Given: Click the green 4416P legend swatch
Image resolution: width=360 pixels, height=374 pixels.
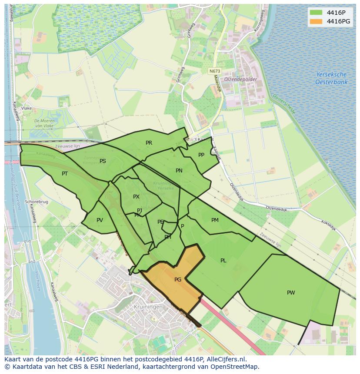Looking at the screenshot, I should point(317,12).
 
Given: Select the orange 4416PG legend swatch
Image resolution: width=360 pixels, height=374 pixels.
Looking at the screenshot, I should point(317,21).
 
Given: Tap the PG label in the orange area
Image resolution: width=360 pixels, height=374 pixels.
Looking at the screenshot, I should point(178,280).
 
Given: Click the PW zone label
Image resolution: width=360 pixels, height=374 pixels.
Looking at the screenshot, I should point(291,293).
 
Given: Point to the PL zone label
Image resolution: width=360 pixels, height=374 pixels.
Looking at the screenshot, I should point(223,261).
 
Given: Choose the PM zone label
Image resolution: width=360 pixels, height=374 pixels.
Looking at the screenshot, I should point(215,220).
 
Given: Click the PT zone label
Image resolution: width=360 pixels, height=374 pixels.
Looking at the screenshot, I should point(65,174).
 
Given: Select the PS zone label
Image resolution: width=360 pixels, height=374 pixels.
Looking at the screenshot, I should point(103,161).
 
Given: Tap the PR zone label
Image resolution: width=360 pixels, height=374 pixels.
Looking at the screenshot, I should point(149,143).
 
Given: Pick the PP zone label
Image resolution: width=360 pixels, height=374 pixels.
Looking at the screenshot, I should point(201,155).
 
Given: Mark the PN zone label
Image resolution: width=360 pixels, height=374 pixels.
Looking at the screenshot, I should point(179,171).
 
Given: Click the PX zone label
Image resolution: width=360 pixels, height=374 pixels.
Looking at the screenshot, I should point(136,197).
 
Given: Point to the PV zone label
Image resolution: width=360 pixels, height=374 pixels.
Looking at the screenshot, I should point(100,220).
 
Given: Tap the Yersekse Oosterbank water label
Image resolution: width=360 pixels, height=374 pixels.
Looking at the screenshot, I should point(331,78).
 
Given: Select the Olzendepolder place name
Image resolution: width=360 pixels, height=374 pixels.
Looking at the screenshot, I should point(240,79).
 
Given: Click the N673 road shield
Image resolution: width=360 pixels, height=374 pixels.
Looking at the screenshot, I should point(214,71).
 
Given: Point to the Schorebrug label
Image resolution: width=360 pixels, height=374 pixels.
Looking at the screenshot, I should point(36,202).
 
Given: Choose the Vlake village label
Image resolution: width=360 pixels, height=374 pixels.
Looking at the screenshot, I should point(27,108).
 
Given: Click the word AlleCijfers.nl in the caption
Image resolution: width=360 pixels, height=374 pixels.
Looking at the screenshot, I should point(225,359).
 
